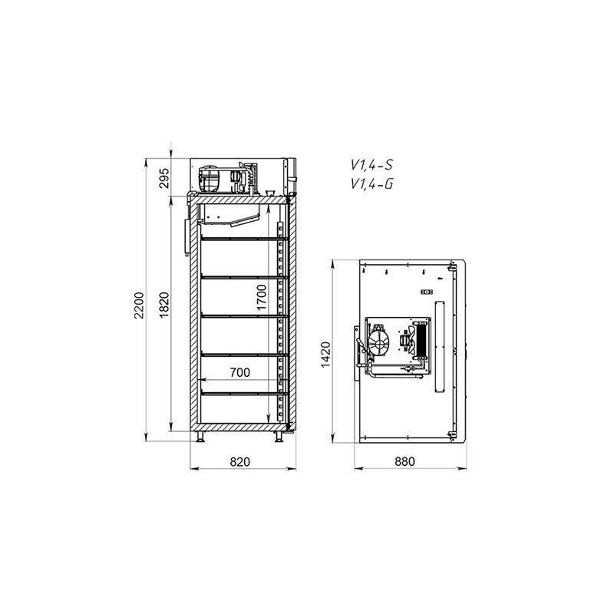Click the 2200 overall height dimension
[x=139, y=305]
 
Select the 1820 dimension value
[x=164, y=305]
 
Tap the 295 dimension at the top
[x=165, y=178]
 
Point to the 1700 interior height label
[x=262, y=298]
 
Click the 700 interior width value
[x=239, y=372]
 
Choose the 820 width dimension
[x=239, y=462]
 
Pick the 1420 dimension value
[x=325, y=355]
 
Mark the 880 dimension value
[x=404, y=462]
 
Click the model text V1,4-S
[x=371, y=165]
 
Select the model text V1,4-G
[x=371, y=183]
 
